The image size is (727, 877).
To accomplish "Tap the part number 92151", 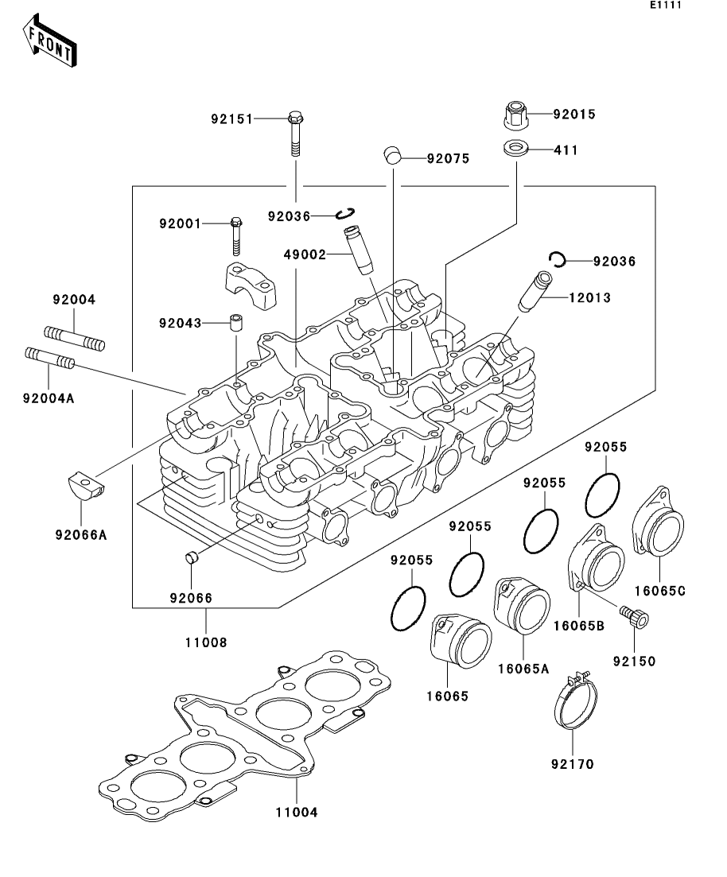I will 231,119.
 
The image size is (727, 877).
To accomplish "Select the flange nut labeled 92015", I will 516,115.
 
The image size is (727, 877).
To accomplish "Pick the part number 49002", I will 305,254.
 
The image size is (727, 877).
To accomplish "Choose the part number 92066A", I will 80,535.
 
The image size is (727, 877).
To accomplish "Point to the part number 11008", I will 208,642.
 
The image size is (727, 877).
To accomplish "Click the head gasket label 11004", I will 296,812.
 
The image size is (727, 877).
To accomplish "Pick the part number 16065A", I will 523,669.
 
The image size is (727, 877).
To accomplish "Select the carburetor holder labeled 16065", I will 459,645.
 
